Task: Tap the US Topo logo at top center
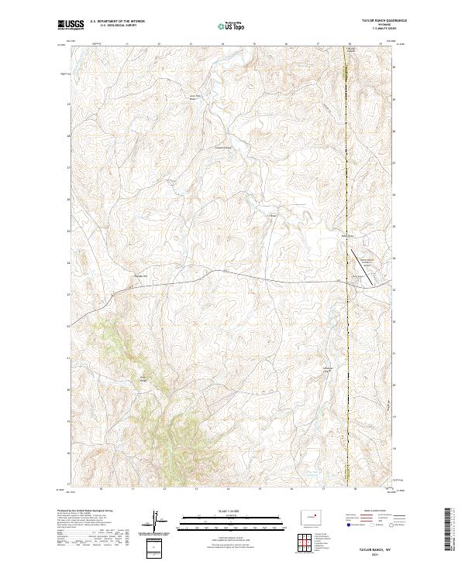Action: click(232, 26)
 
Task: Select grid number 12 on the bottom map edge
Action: click(164, 488)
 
